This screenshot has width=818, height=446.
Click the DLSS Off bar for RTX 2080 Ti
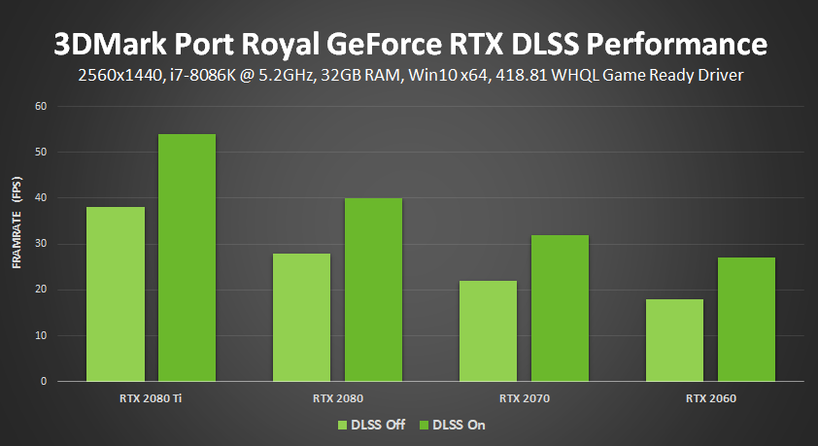116,294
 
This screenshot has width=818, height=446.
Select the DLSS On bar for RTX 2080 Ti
187,257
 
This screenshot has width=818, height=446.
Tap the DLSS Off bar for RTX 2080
302,317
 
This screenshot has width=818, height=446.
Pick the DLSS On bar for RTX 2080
373,290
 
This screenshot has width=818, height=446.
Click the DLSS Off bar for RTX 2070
488,331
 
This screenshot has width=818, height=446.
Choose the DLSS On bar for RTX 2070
560,308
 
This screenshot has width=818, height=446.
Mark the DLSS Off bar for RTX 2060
674,340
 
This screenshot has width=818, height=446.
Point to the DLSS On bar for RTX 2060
746,320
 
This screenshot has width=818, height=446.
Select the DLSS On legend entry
450,425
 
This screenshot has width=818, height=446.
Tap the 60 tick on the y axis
40,106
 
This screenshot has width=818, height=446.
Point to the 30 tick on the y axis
40,244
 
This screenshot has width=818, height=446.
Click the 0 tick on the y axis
43,382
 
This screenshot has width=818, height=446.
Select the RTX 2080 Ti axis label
152,398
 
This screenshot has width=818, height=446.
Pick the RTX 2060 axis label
710,398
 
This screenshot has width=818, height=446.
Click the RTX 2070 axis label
524,398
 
